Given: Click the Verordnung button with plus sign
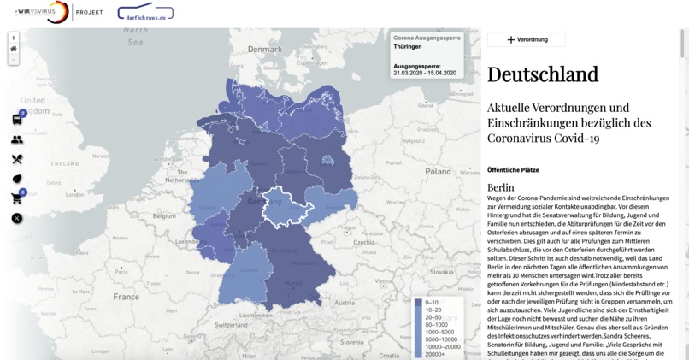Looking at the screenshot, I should (x=526, y=39).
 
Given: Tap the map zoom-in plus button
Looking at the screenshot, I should (x=14, y=38).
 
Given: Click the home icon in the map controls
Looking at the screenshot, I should (x=14, y=49).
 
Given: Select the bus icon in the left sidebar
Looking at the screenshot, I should (x=17, y=119).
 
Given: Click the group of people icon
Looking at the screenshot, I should (x=17, y=139).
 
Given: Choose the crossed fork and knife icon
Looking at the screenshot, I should (x=17, y=159).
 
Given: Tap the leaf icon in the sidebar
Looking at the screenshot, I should (x=17, y=179).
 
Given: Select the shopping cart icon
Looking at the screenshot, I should (x=17, y=198).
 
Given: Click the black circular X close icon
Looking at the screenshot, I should (x=17, y=218).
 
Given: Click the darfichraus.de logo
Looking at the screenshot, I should (x=144, y=13).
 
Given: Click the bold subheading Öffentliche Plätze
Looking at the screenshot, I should (x=513, y=170).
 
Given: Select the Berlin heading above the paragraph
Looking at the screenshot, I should (x=501, y=187).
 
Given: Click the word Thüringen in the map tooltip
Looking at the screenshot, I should (x=408, y=47).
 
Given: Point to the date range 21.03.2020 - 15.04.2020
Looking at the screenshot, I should (x=425, y=74).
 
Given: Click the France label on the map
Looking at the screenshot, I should (x=126, y=297).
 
